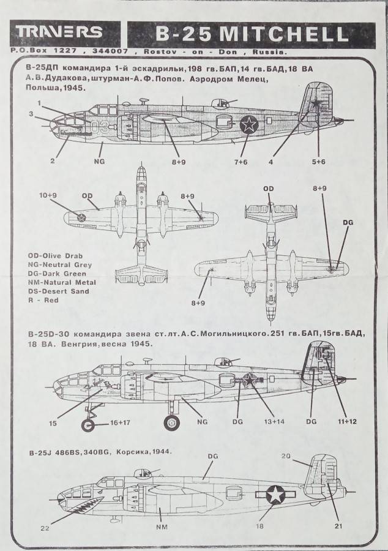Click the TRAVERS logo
[59, 32]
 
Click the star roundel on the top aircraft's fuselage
[248, 125]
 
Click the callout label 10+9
[48, 195]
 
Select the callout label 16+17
[119, 422]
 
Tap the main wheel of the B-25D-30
[172, 422]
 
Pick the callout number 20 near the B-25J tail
[286, 456]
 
